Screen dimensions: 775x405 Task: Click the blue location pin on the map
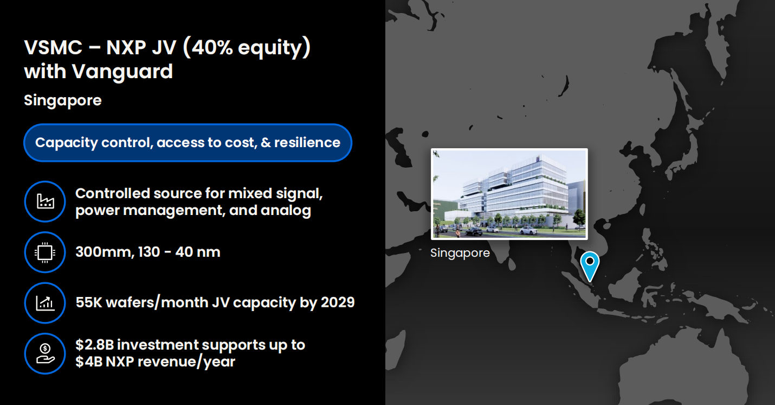590,265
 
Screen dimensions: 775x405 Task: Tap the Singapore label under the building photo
460,253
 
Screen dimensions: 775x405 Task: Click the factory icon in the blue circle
46,201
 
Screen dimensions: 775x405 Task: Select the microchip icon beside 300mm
45,252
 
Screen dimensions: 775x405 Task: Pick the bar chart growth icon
45,303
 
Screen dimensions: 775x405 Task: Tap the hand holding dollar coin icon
45,354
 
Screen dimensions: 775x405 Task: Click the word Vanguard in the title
122,72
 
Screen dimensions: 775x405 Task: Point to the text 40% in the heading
212,47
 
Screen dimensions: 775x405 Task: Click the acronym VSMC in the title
53,47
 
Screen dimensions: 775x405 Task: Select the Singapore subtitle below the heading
63,101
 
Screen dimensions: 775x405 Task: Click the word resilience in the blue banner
307,143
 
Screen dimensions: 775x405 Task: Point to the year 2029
338,302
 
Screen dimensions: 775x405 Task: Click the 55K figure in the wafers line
89,302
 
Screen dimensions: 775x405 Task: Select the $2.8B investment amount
94,345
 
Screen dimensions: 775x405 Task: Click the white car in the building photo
528,230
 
